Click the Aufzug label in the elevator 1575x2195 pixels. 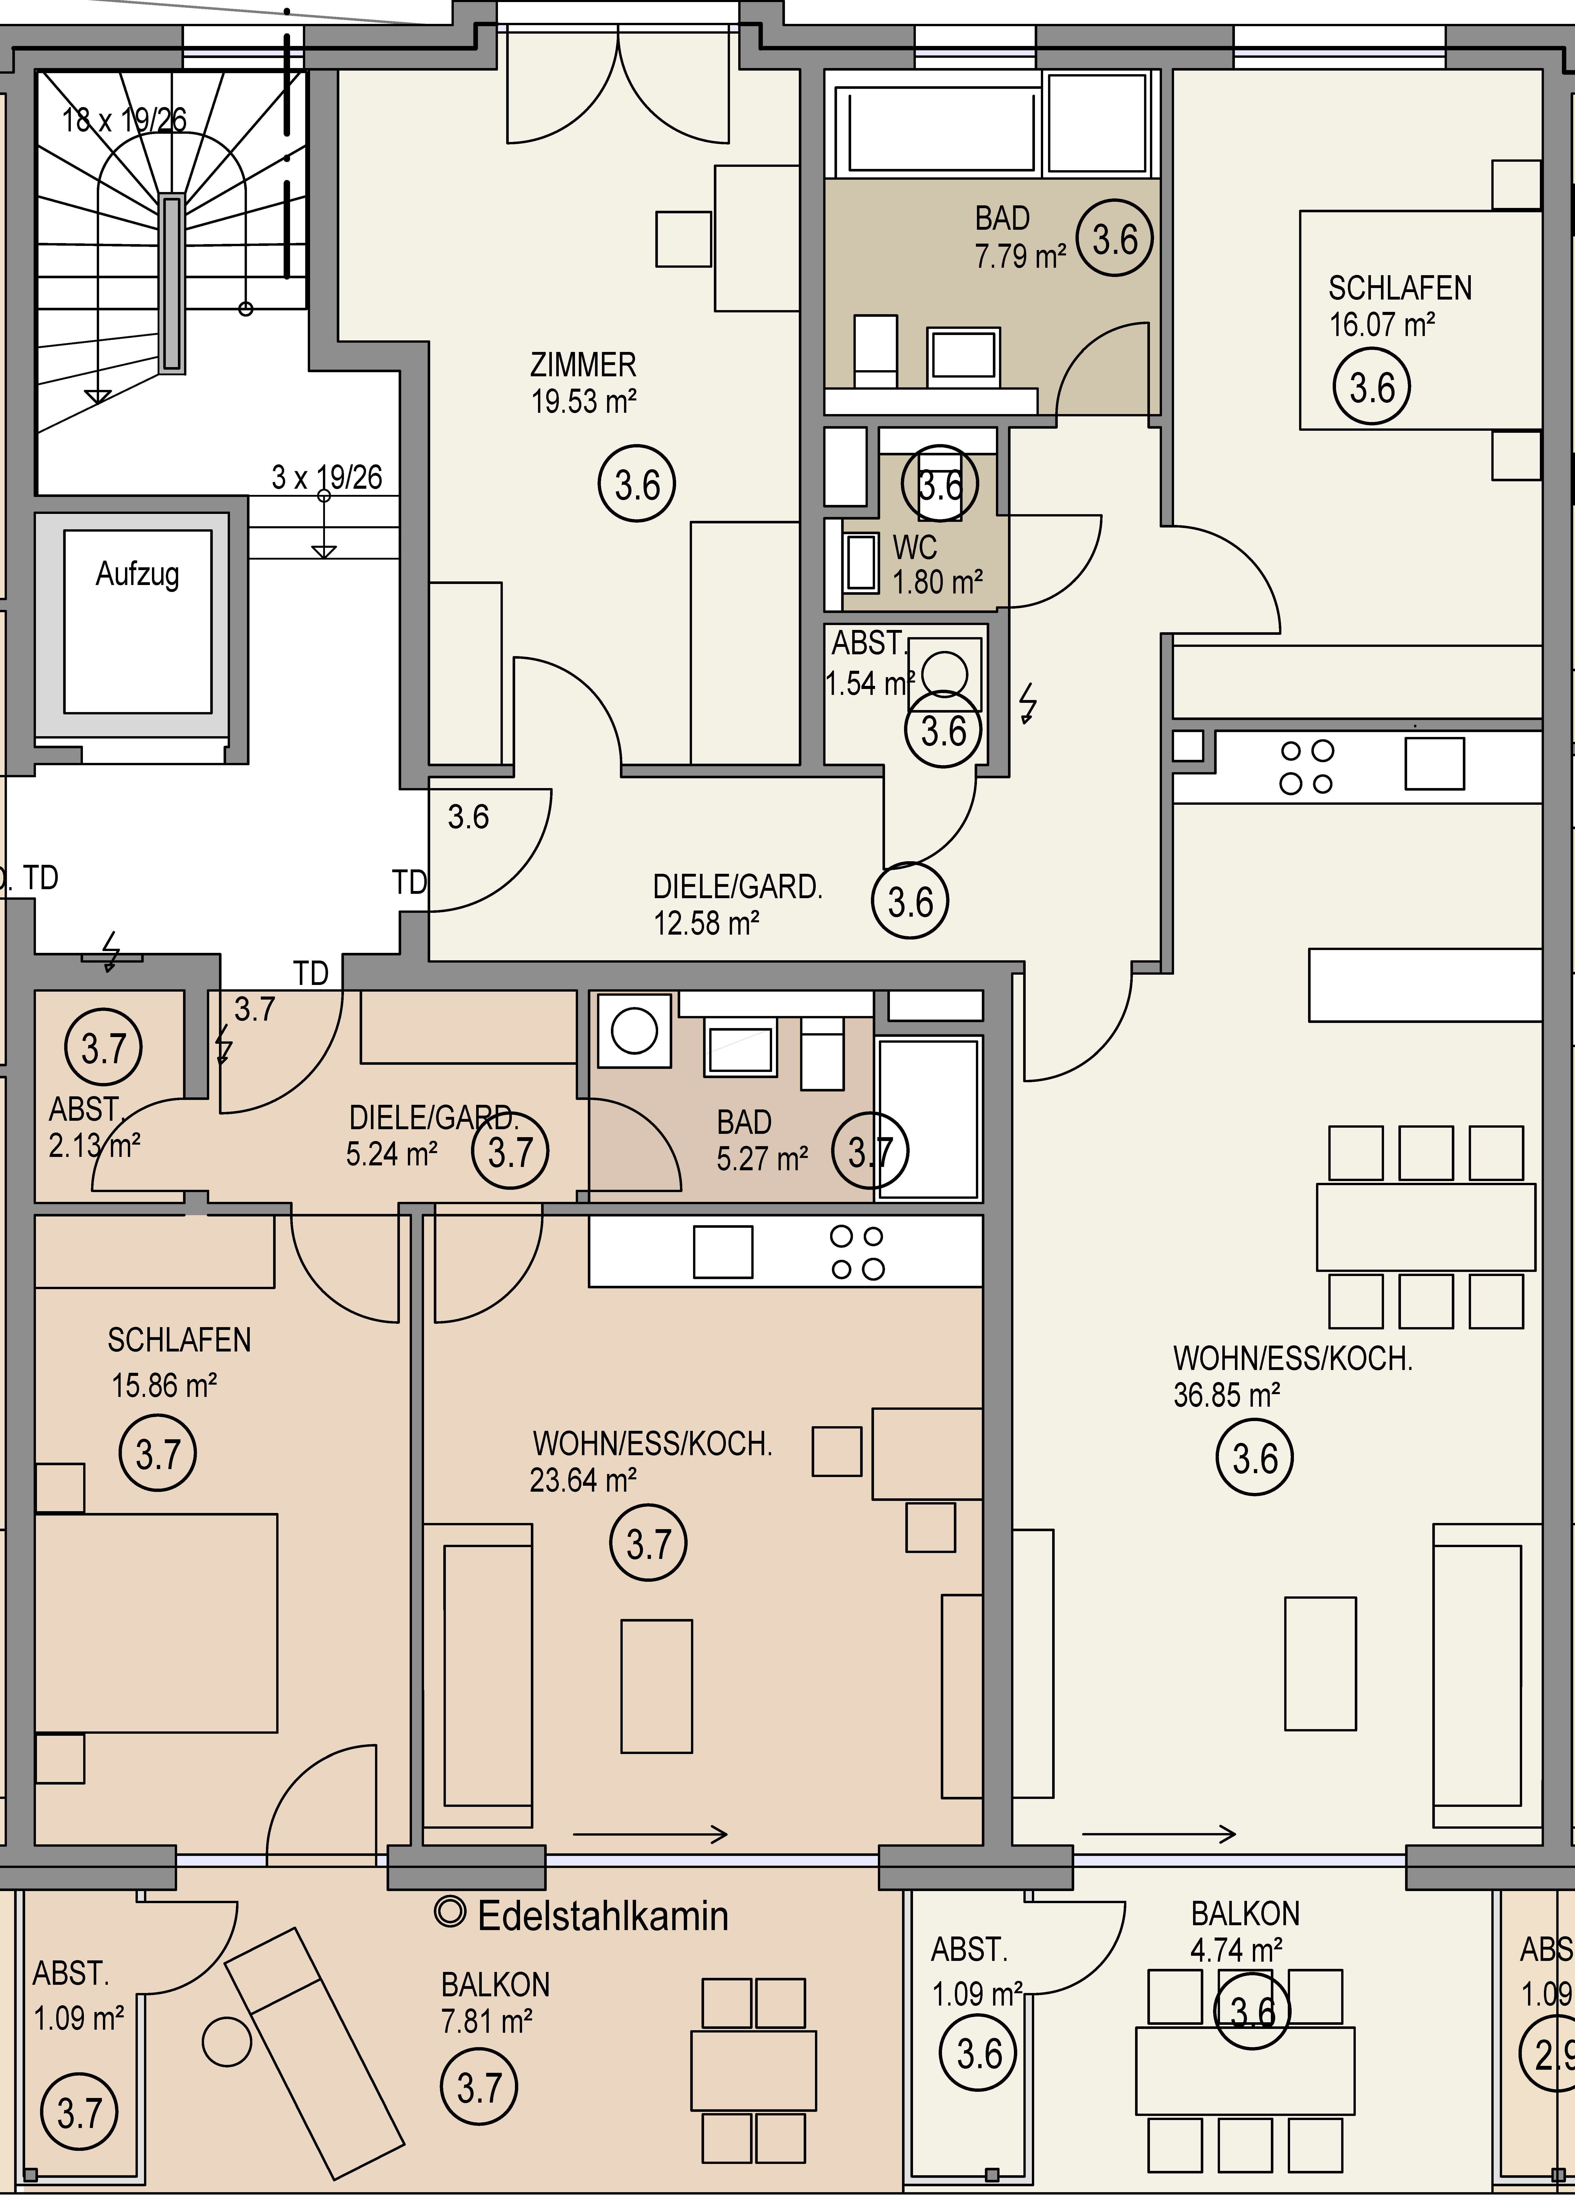click(138, 575)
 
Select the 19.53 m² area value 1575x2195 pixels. click(583, 401)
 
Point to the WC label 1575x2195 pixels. click(915, 548)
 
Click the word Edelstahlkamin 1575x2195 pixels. click(602, 1916)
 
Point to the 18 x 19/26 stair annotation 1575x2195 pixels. click(124, 120)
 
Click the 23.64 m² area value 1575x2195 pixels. click(583, 1481)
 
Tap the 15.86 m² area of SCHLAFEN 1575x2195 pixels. click(164, 1386)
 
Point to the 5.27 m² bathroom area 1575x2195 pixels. click(762, 1158)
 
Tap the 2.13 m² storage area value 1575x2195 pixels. click(95, 1146)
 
